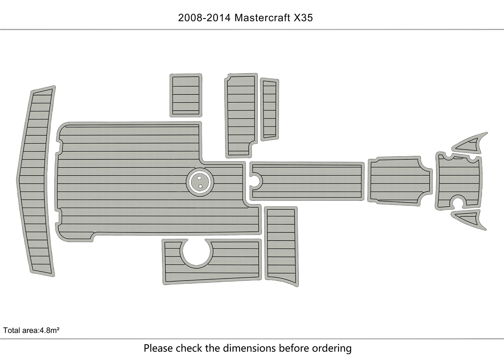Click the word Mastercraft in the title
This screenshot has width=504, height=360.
click(x=262, y=18)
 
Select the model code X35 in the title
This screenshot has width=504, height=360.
click(x=303, y=18)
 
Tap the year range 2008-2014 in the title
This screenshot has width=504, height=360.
click(x=204, y=18)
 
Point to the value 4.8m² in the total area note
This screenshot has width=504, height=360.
click(x=49, y=330)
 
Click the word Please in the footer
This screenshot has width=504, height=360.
click(x=158, y=348)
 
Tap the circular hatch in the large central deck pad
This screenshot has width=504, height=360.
click(x=200, y=181)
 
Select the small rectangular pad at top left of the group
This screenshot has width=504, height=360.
click(x=186, y=95)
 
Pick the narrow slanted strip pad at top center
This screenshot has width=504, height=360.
click(x=269, y=109)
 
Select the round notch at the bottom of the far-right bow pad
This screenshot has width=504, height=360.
click(x=458, y=203)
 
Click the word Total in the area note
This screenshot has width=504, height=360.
click(x=11, y=330)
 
